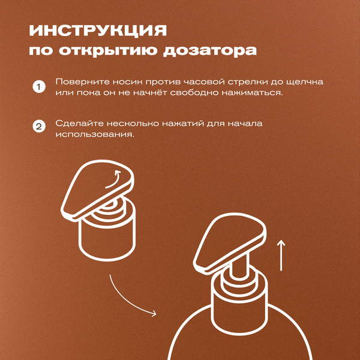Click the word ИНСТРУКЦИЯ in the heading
click(x=98, y=30)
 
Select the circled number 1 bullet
click(x=38, y=88)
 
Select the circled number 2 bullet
click(x=38, y=127)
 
